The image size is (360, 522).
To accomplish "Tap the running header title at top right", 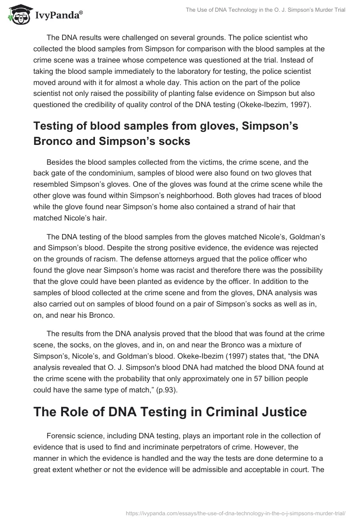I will pos(265,10).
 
